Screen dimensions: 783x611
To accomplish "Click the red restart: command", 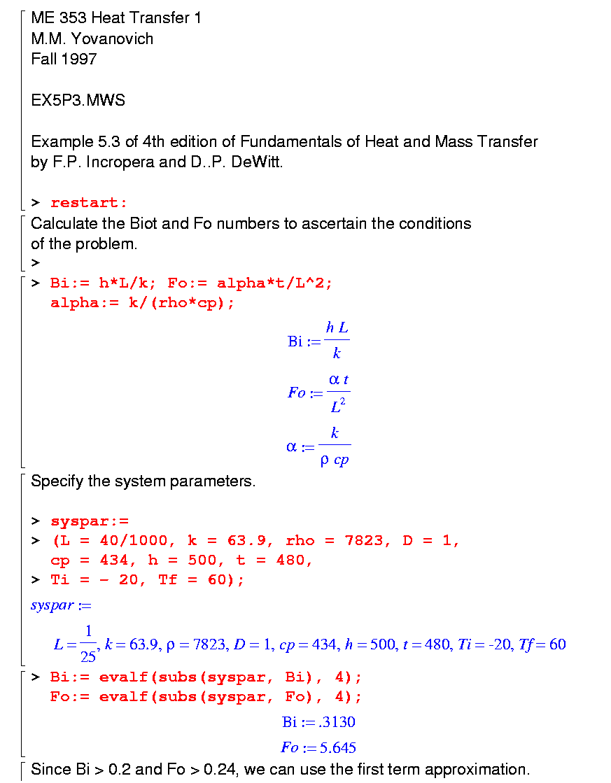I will tap(89, 203).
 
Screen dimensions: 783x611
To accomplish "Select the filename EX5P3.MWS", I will tap(78, 100).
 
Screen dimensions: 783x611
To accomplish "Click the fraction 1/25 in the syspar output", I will tap(89, 644).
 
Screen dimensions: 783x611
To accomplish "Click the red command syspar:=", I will tap(89, 521).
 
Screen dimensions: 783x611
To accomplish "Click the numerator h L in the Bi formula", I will tap(337, 327).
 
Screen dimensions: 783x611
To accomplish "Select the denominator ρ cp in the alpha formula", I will tap(335, 460).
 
